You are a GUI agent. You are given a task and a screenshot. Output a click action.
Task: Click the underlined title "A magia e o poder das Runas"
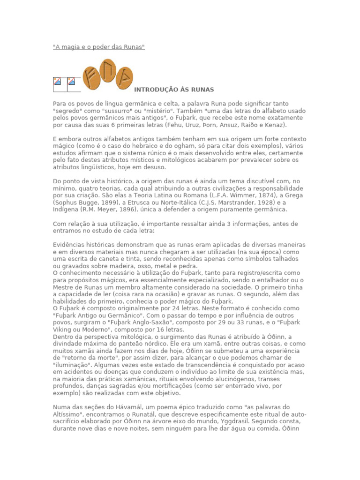tap(98, 47)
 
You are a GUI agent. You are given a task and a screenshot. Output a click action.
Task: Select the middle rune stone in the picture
tap(108, 70)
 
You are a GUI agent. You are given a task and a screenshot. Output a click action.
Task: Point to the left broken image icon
tap(57, 81)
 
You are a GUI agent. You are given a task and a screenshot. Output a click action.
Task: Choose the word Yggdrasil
tap(243, 422)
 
